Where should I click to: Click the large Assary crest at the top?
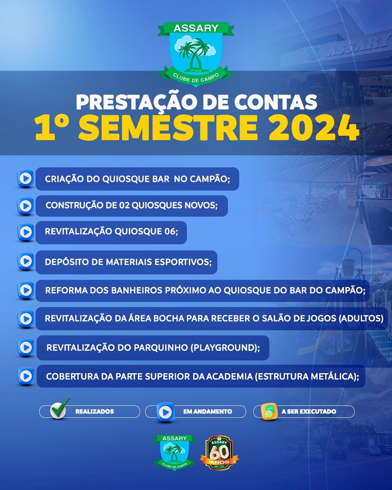(x=196, y=54)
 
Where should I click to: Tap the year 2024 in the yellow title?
(x=314, y=127)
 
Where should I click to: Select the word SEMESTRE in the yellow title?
(x=168, y=127)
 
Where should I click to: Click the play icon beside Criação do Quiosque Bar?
(x=25, y=179)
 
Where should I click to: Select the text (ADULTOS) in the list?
(x=361, y=318)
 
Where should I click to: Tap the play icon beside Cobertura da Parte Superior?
(x=26, y=376)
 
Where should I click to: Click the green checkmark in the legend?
(x=59, y=408)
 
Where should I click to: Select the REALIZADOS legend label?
(x=94, y=412)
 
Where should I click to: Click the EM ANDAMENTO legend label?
(x=207, y=412)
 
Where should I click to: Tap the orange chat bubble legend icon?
(x=269, y=412)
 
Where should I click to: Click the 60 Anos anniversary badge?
(x=220, y=453)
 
